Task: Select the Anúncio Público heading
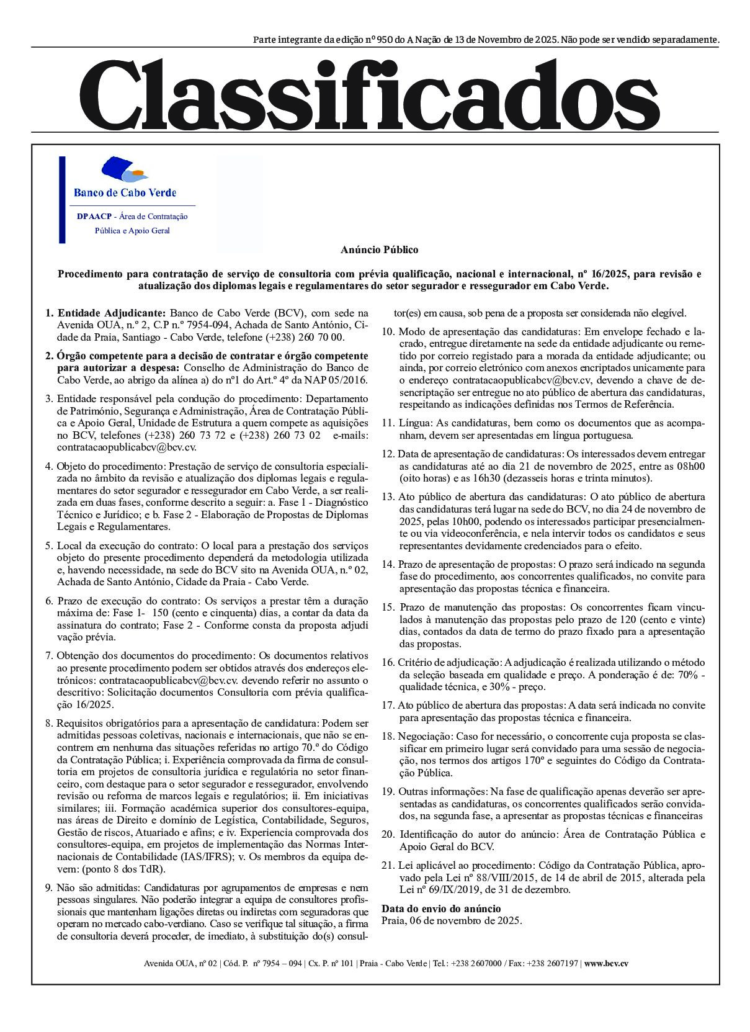(x=379, y=249)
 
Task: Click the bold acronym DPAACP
(x=94, y=217)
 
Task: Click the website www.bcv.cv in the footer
(x=606, y=963)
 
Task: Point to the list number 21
(x=387, y=865)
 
